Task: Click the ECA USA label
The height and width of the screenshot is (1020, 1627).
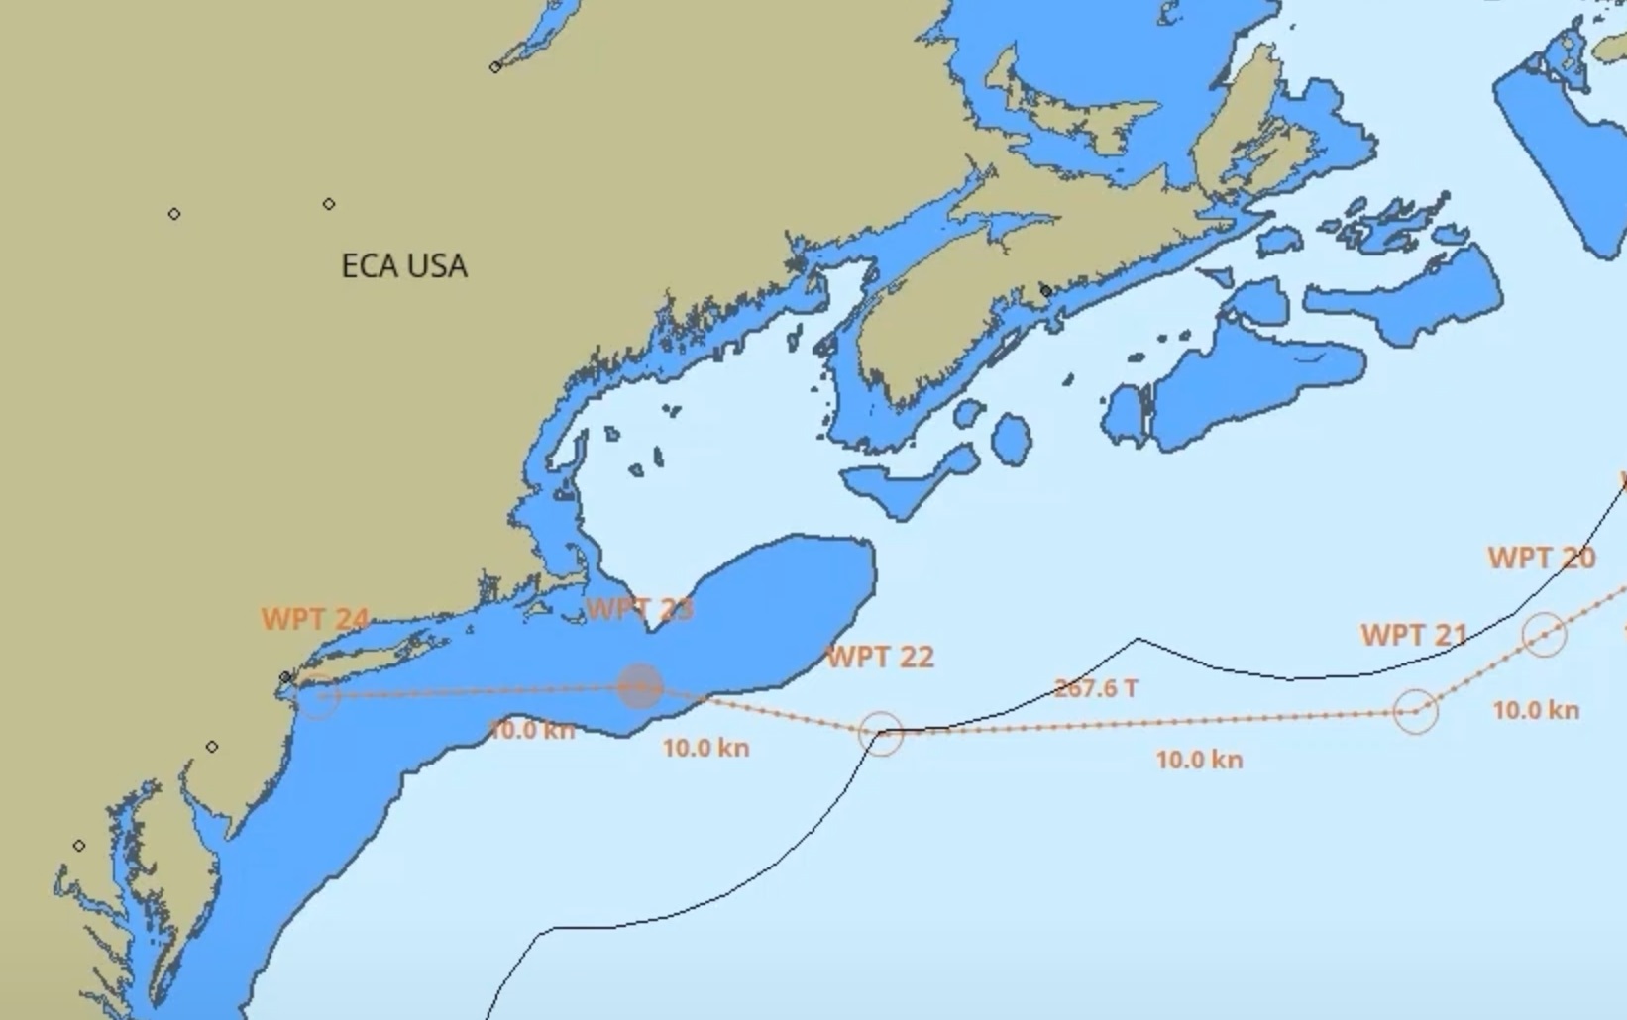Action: tap(403, 266)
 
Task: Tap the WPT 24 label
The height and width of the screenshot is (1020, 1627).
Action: tap(315, 620)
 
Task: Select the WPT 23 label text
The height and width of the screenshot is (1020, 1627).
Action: tap(640, 609)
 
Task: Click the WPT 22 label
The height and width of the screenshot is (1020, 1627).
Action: tap(880, 658)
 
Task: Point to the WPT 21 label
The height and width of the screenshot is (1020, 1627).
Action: tap(1414, 635)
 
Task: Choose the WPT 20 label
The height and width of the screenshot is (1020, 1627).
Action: tap(1541, 559)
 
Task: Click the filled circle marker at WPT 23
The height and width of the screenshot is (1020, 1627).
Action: tap(640, 686)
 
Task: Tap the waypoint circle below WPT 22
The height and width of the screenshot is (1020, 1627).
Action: tap(881, 734)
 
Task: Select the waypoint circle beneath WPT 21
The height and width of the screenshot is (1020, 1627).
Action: tap(1415, 710)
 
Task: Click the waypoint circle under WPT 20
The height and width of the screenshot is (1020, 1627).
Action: tap(1544, 634)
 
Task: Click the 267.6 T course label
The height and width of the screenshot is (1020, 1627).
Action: tap(1095, 688)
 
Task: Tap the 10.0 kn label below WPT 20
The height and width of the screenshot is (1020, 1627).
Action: tap(1536, 710)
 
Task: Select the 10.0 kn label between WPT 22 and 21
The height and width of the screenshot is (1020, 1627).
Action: tap(1199, 760)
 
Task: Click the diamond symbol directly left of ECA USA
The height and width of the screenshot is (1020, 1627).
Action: tap(174, 214)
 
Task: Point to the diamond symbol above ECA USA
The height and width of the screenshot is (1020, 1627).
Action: tap(329, 204)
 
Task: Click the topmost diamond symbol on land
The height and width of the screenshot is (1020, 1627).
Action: tap(495, 67)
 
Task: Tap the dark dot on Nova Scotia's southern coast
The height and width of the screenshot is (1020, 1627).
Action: tap(1045, 291)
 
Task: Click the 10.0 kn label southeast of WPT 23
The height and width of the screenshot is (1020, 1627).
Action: tap(705, 748)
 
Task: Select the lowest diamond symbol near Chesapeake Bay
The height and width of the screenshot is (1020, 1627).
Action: tap(79, 846)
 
